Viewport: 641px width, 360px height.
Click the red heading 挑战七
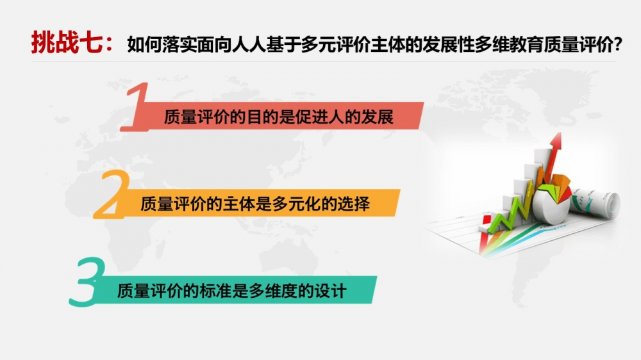click(67, 42)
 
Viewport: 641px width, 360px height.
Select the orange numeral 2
click(111, 194)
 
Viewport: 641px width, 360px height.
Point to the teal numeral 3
click(87, 282)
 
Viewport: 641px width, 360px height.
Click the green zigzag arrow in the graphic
click(512, 213)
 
